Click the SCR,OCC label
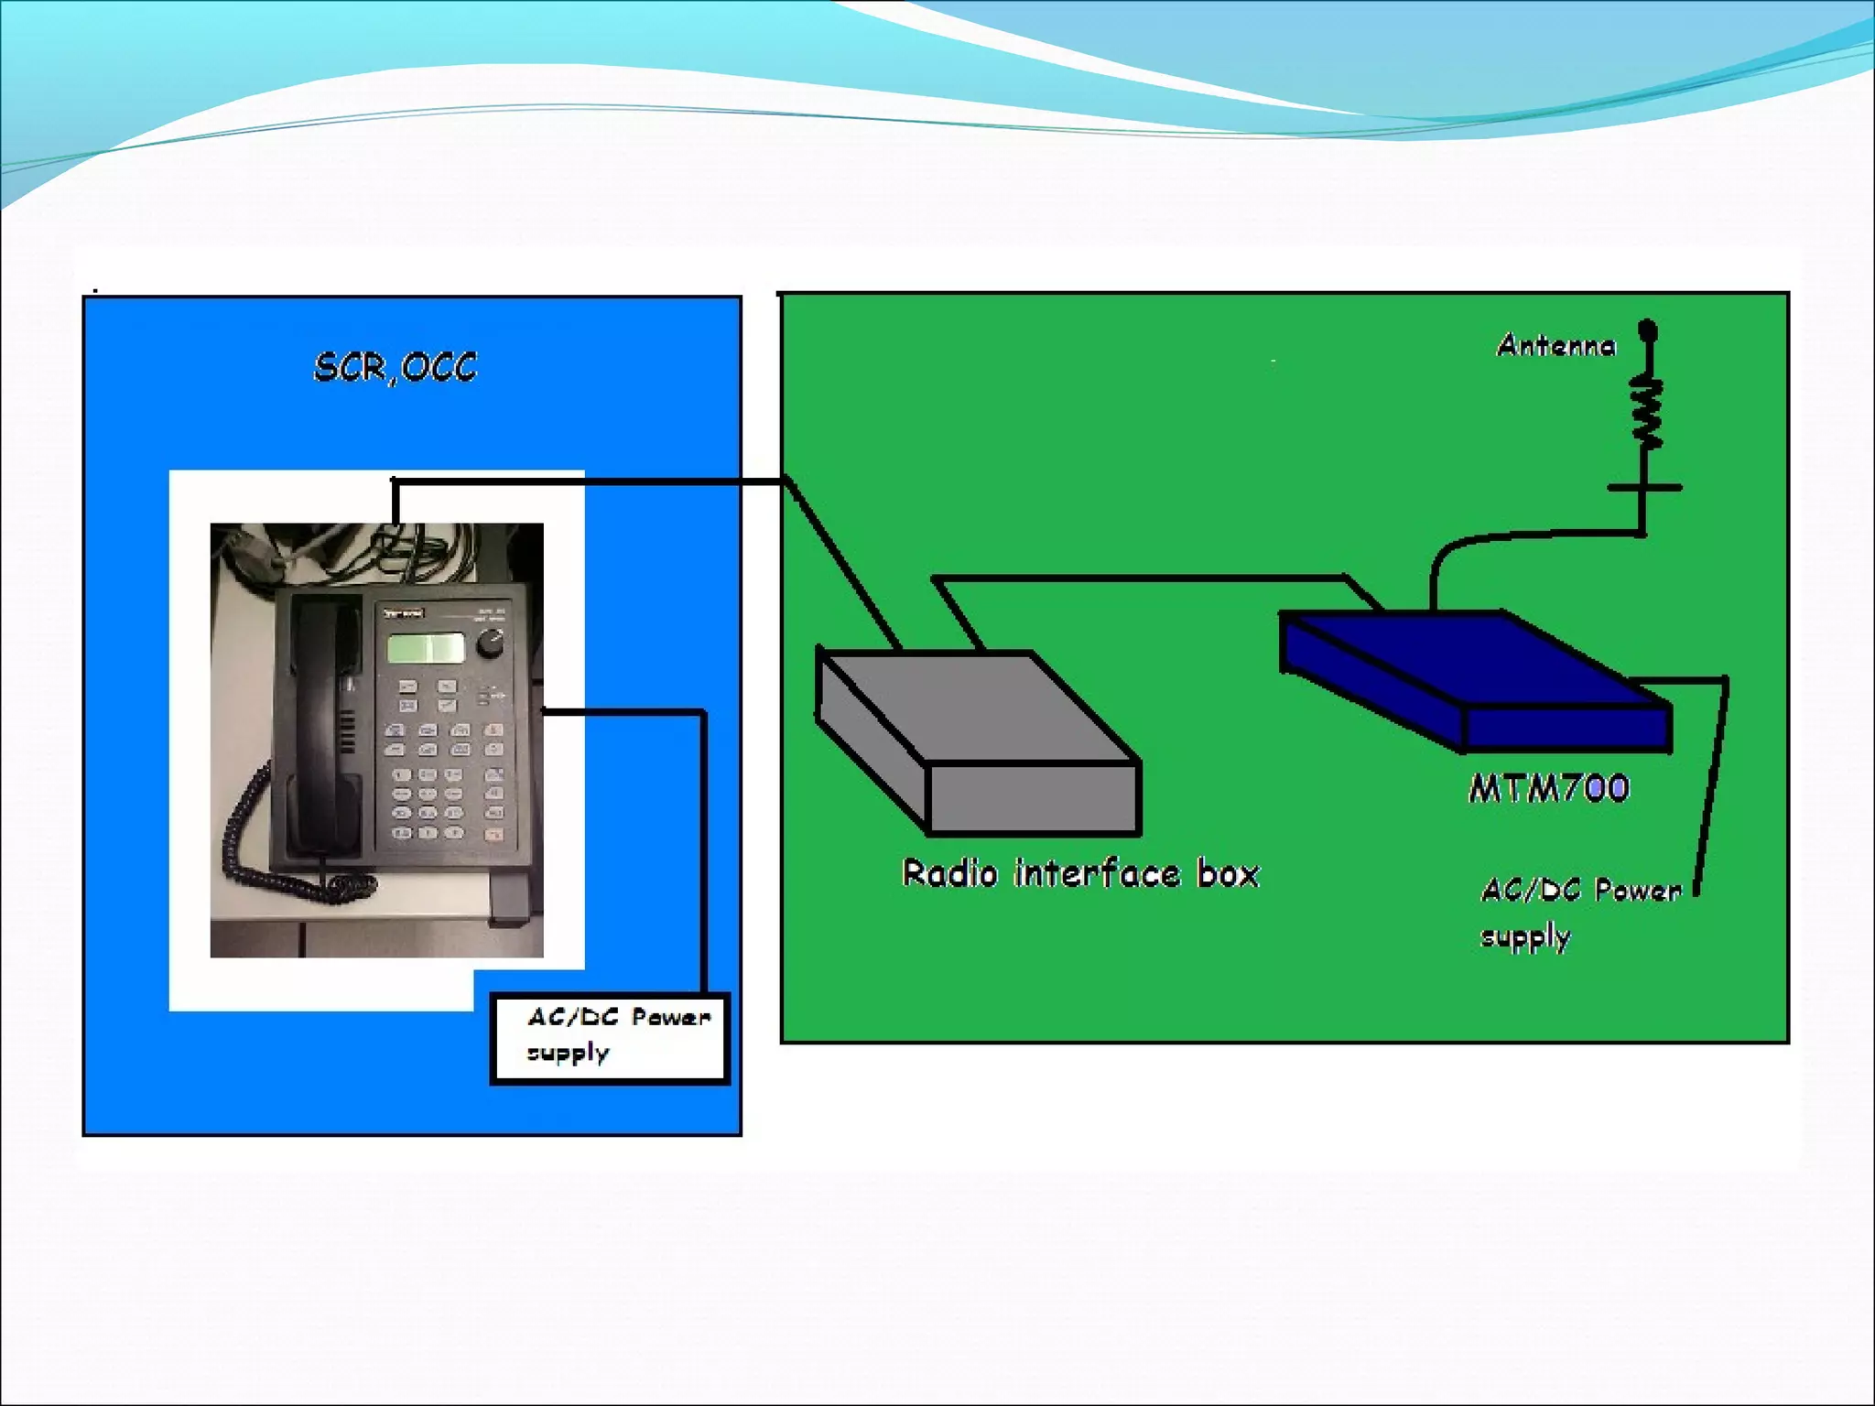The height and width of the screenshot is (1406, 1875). click(x=395, y=368)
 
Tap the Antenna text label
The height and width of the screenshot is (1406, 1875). click(x=1555, y=346)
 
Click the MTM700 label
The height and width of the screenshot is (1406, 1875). click(x=1549, y=789)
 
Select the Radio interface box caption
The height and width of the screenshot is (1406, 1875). click(x=1080, y=874)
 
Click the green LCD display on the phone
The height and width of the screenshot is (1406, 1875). click(x=426, y=647)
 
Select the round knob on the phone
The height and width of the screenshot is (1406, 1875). click(x=491, y=643)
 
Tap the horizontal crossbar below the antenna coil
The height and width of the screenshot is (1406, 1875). click(x=1644, y=488)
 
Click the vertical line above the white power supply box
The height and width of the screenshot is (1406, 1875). click(x=703, y=851)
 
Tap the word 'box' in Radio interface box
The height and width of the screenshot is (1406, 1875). click(x=1229, y=874)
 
